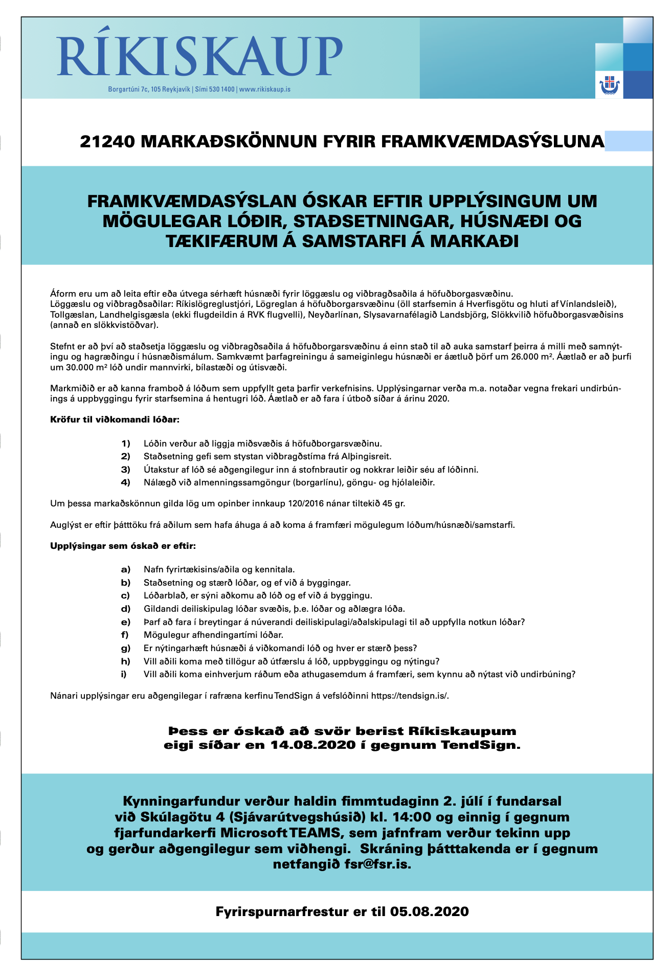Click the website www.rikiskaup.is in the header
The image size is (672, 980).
tap(265, 90)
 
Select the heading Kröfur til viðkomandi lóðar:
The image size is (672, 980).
tap(115, 420)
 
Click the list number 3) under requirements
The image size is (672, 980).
tap(125, 470)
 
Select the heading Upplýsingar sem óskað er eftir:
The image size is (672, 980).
tap(123, 546)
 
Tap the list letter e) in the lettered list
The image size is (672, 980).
tap(125, 622)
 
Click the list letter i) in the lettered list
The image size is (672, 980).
tap(124, 674)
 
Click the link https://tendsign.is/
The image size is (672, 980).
tap(410, 696)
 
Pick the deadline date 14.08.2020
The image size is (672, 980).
tap(313, 745)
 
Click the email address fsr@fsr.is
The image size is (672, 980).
tap(378, 864)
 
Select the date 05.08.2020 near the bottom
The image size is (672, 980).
tap(429, 911)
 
